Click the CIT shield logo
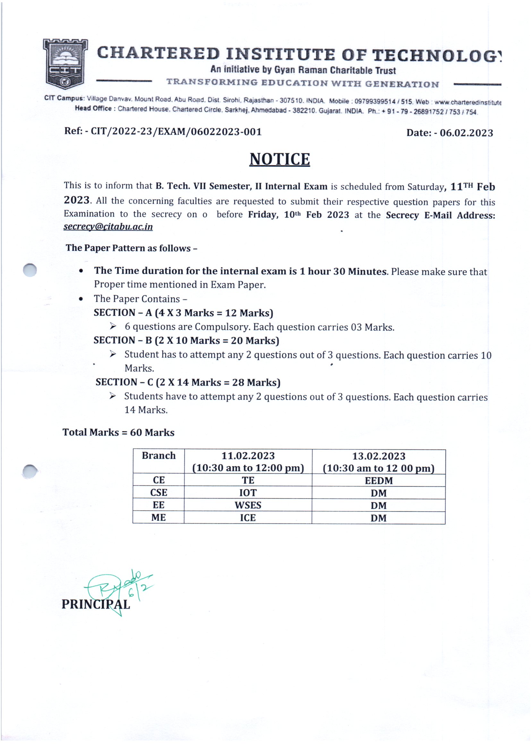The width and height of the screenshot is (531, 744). tap(65, 64)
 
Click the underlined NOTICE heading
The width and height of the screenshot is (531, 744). tap(279, 159)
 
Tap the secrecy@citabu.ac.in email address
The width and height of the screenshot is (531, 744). tap(108, 227)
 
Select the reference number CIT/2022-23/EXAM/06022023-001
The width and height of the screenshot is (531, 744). tap(176, 132)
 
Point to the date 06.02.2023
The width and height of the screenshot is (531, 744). tap(466, 133)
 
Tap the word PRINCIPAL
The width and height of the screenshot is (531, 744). tap(96, 604)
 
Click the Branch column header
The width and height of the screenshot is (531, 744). tap(158, 456)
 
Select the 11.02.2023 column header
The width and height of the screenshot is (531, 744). tap(248, 462)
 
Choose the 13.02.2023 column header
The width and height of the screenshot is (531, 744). tap(378, 462)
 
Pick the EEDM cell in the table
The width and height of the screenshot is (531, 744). tap(379, 481)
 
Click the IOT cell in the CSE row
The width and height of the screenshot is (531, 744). tap(248, 493)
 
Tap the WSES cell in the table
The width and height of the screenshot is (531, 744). tap(248, 505)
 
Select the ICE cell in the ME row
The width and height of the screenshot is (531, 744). tap(248, 518)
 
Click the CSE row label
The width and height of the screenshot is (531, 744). tap(158, 492)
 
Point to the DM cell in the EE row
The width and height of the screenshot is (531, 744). tap(379, 506)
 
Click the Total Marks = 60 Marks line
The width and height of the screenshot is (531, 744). tap(118, 432)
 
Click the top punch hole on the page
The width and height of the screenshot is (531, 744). tap(30, 270)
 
